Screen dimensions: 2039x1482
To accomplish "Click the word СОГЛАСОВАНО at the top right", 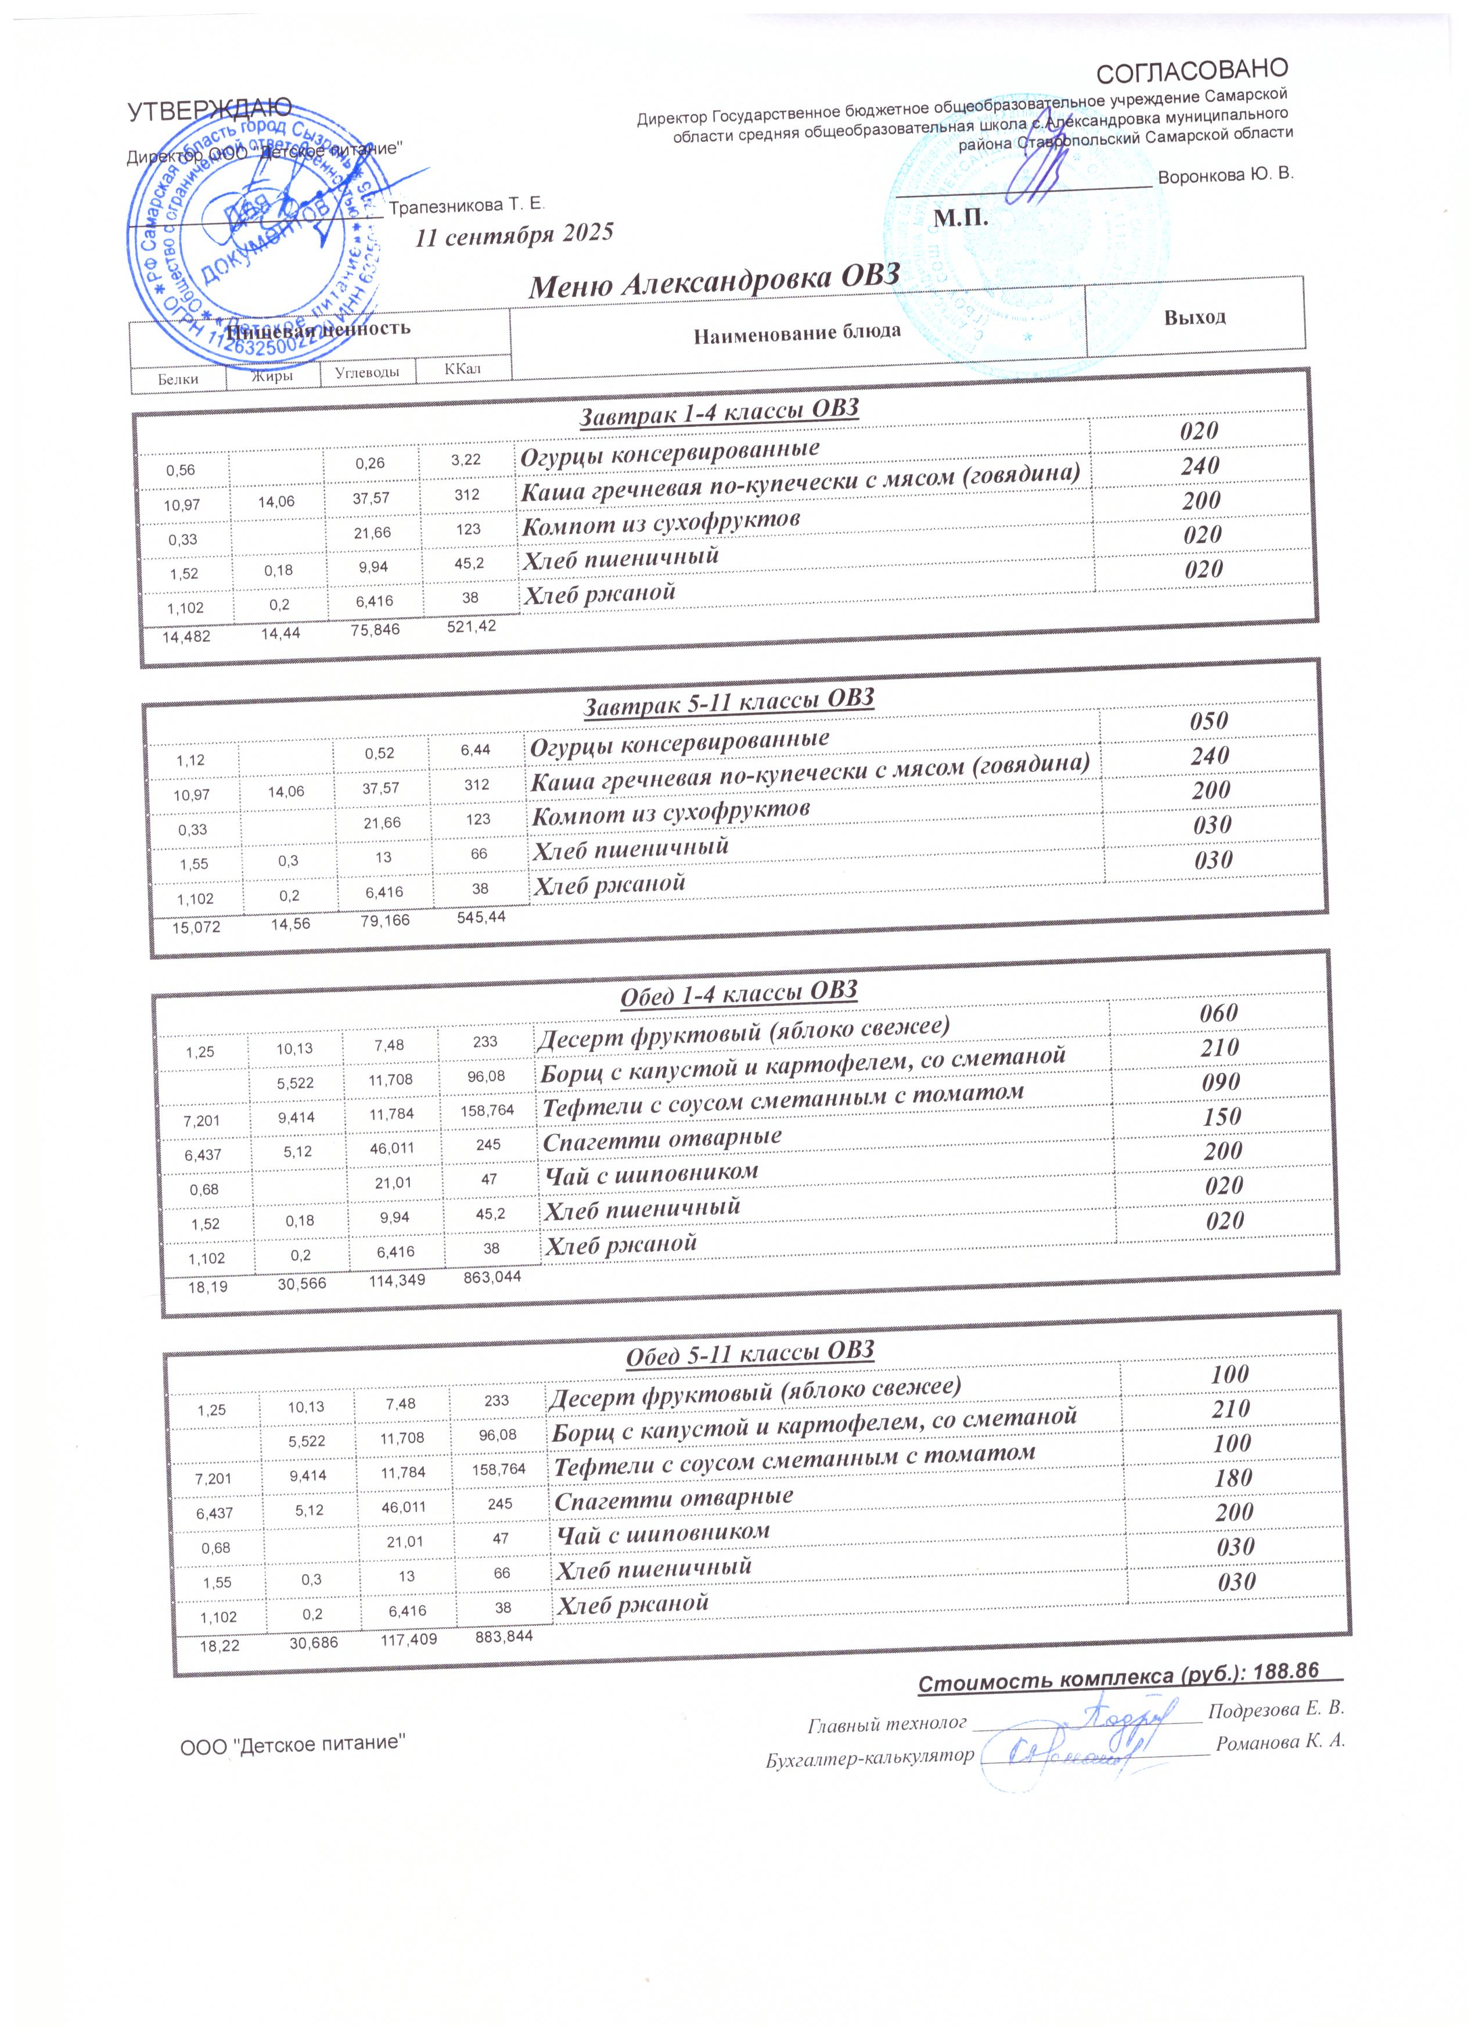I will pyautogui.click(x=1193, y=69).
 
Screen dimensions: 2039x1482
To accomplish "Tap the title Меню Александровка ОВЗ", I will pyautogui.click(x=714, y=281).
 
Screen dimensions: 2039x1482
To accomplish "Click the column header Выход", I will pyautogui.click(x=1195, y=317).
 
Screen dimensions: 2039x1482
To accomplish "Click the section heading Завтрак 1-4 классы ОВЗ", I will pyautogui.click(x=719, y=411).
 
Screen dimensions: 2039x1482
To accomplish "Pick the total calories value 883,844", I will pyautogui.click(x=503, y=1636).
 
